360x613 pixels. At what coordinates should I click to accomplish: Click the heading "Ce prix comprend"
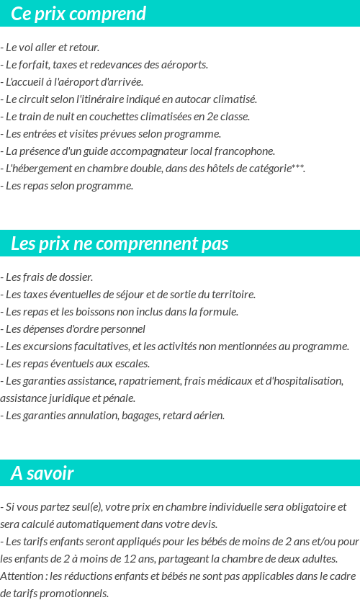coord(78,14)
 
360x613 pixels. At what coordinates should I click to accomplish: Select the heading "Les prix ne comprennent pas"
coord(120,243)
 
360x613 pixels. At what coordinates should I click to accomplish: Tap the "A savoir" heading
coord(42,473)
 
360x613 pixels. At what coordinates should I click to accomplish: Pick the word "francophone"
coord(245,151)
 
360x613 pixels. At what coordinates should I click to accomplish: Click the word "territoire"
coord(233,294)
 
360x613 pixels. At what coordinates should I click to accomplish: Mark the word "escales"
coord(132,363)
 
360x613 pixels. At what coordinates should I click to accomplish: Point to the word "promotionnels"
coord(76,593)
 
